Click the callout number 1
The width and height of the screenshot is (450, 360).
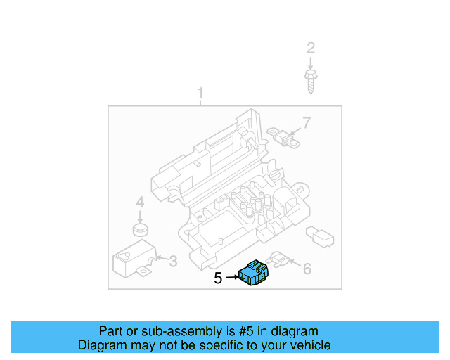[x=200, y=94]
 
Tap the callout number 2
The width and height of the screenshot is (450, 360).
[x=310, y=48]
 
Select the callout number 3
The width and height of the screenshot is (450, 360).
[x=173, y=262]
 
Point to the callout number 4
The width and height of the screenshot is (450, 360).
[x=140, y=202]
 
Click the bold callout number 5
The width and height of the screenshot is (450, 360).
[x=218, y=278]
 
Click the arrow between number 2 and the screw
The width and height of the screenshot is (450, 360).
[x=310, y=61]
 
